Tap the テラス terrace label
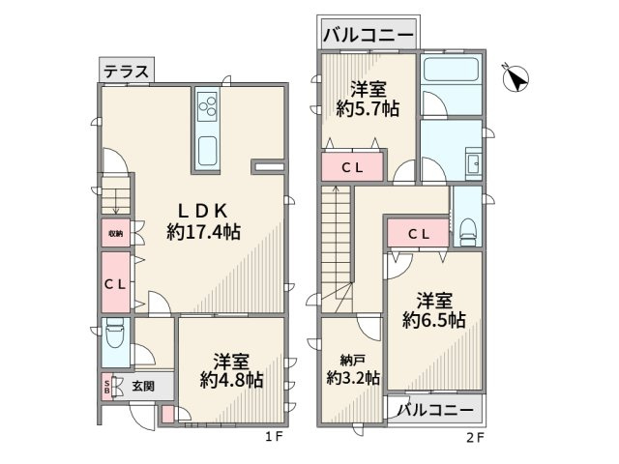tap(126, 71)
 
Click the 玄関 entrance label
tap(144, 385)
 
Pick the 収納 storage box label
tap(115, 233)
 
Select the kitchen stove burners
tap(208, 103)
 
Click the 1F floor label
tap(274, 436)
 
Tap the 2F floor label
tap(474, 436)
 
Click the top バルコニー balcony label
tap(368, 36)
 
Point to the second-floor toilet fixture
tap(467, 229)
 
